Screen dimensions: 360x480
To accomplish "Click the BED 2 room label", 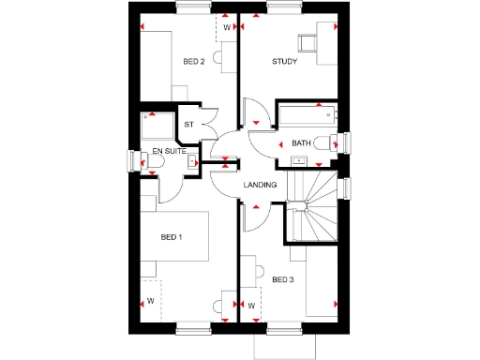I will tap(194, 62).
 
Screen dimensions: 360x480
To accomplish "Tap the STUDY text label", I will tap(284, 62).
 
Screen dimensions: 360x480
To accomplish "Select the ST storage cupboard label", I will tap(188, 124).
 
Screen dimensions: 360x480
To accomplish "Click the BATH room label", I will tap(301, 142).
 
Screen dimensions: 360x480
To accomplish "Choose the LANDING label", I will tap(260, 185).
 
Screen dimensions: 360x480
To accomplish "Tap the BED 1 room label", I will tap(172, 237).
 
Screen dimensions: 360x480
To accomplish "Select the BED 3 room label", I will tap(282, 278).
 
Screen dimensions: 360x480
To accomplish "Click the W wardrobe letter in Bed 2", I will tap(226, 28).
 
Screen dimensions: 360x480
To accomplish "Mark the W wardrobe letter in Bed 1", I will tap(150, 301).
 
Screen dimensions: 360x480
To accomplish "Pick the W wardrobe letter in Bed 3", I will tap(251, 306).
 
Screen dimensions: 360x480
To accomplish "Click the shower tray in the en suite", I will tap(156, 127).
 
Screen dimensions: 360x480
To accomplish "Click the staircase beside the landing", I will tap(312, 202).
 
